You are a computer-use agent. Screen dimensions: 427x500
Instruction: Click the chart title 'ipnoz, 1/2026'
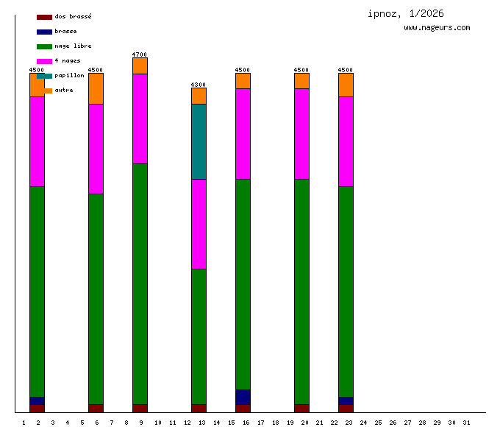click(x=406, y=13)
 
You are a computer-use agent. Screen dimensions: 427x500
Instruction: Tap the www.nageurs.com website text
click(x=437, y=27)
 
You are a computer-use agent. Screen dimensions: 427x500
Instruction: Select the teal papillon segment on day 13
click(x=199, y=141)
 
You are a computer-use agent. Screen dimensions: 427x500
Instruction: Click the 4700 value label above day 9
click(x=140, y=54)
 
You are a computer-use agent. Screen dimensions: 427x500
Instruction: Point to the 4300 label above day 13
click(x=199, y=85)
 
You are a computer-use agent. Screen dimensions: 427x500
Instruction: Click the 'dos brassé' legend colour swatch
click(x=44, y=16)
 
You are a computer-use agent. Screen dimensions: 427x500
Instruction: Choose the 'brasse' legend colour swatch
click(x=44, y=31)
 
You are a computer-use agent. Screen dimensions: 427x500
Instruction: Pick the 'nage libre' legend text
click(x=73, y=46)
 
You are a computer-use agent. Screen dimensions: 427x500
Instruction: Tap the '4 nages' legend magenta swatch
click(x=44, y=60)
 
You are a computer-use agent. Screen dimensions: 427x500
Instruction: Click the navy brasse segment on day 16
click(x=243, y=397)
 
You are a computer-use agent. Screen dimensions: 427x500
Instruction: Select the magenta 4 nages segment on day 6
click(x=96, y=149)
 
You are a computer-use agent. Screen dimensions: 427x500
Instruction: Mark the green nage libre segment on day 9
click(x=140, y=283)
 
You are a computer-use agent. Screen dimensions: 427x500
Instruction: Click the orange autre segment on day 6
click(x=96, y=88)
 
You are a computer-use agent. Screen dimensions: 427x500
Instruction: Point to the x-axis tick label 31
click(x=466, y=423)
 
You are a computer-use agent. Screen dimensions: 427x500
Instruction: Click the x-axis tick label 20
click(x=304, y=423)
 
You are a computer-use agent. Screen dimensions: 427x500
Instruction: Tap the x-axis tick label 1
click(x=24, y=423)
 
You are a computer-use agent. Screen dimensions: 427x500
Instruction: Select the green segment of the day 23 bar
click(x=346, y=291)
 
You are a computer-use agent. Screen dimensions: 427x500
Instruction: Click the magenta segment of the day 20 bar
click(x=301, y=133)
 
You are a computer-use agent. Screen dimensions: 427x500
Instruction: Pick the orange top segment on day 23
click(x=346, y=85)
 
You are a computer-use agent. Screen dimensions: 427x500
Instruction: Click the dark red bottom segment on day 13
click(x=199, y=408)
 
